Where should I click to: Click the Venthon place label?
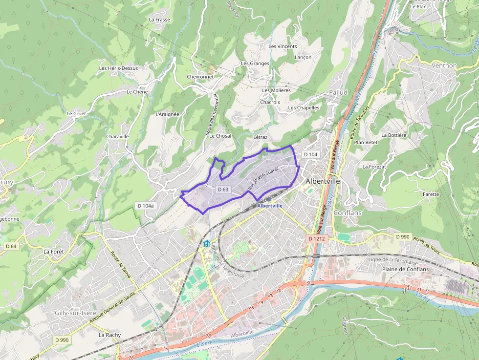444,65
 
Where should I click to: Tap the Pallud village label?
338,92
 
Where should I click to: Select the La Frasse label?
159,20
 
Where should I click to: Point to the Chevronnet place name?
200,77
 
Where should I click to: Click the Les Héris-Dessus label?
118,68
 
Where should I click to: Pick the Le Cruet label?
76,113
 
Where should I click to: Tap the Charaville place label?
117,137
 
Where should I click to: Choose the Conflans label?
348,213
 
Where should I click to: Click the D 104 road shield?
310,154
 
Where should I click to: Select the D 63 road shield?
223,189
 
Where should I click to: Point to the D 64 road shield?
11,246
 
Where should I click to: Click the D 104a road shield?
146,206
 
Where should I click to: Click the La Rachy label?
109,335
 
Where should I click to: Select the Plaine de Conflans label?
405,269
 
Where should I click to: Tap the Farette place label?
431,194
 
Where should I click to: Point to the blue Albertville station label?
270,206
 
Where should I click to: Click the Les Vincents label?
283,46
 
